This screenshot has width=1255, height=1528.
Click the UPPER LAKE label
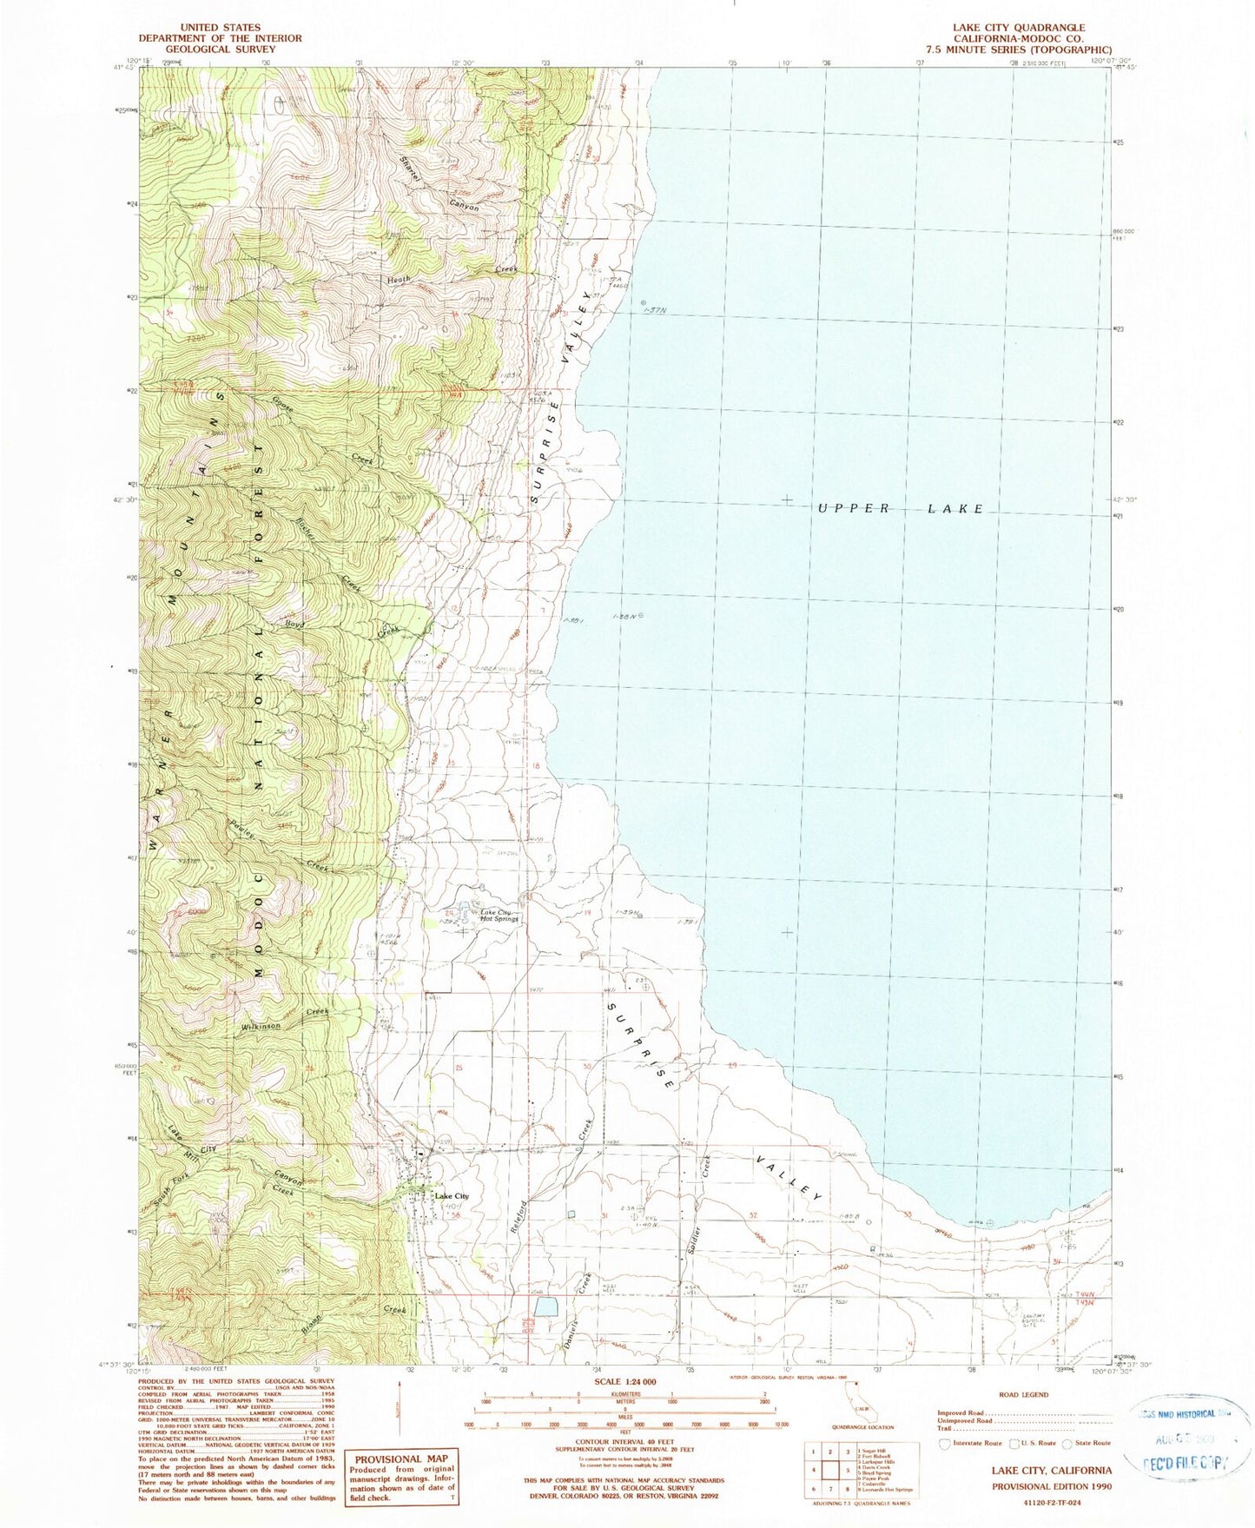tap(901, 509)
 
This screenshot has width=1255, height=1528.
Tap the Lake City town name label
tap(452, 1196)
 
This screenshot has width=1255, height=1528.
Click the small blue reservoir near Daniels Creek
tap(546, 1307)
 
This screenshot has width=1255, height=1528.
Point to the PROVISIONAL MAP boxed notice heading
tap(401, 1459)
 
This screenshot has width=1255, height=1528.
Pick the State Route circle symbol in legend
tap(1066, 1443)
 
